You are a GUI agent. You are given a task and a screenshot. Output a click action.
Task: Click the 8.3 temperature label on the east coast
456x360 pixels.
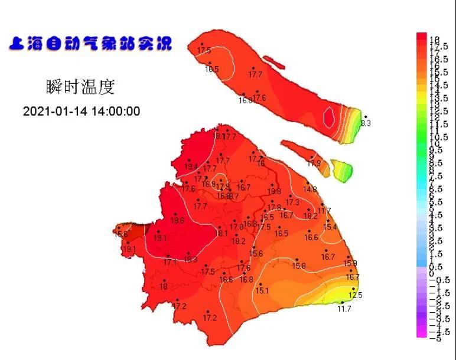(x=366, y=123)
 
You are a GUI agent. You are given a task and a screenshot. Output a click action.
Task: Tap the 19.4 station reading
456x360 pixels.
(x=191, y=167)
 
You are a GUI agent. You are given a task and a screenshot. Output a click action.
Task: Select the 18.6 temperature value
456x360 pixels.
(x=177, y=221)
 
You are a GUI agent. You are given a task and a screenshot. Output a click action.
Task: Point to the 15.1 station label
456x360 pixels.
(x=262, y=290)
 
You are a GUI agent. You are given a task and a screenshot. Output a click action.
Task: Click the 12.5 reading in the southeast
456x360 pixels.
(x=356, y=295)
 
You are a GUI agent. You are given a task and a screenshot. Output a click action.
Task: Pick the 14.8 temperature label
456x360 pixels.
(x=310, y=189)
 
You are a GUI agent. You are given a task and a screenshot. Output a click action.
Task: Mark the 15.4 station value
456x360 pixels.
(x=330, y=227)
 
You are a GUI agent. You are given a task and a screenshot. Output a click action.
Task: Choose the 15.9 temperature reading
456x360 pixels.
(x=350, y=263)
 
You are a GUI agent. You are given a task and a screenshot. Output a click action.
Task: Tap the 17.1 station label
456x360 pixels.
(x=170, y=262)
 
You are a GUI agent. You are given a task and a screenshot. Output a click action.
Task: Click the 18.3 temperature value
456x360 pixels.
(x=190, y=260)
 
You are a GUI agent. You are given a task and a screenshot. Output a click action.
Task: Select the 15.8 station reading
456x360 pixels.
(x=299, y=266)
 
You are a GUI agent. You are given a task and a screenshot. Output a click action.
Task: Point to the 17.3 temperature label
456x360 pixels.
(x=292, y=203)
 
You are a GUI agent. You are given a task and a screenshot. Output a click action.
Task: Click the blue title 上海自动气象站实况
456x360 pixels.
(x=90, y=44)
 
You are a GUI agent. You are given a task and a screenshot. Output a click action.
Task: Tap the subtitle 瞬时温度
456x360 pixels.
(x=80, y=87)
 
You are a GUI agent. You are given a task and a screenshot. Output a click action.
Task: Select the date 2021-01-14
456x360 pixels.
(x=54, y=112)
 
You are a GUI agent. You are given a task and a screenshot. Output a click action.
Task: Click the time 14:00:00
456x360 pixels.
(x=115, y=112)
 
